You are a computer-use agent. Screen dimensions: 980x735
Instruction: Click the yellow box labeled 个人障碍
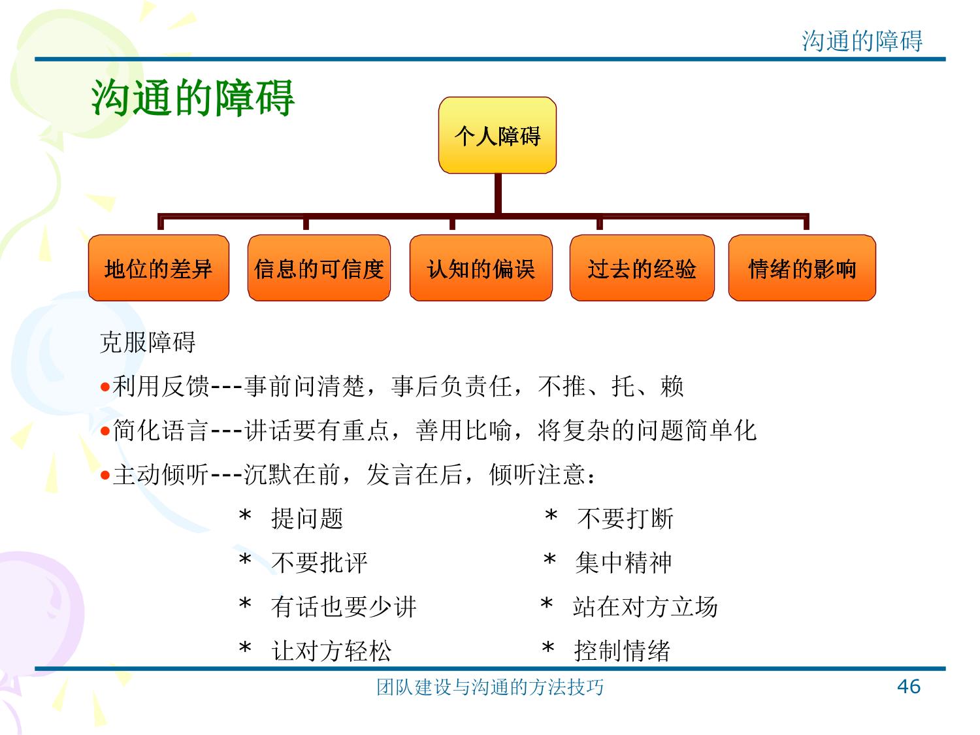pos(497,135)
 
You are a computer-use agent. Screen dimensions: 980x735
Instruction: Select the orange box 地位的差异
pos(159,268)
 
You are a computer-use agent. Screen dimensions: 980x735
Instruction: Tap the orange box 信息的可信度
pos(319,268)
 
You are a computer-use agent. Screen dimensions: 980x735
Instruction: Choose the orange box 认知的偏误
pos(481,268)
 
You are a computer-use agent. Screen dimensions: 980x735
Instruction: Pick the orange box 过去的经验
pos(642,268)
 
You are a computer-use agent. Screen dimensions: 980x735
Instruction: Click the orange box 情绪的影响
pos(802,268)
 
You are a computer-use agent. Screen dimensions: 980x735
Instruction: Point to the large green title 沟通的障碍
pos(193,98)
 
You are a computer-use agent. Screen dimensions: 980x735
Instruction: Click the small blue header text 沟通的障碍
pos(862,41)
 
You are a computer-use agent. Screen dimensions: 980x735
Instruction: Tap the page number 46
pos(909,687)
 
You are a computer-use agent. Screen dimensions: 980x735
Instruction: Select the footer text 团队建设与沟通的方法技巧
pos(490,687)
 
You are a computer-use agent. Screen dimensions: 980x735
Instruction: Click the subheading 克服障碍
pos(148,342)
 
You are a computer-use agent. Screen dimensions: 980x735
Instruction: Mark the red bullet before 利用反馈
pos(105,387)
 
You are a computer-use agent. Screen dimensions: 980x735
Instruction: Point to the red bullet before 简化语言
pos(105,431)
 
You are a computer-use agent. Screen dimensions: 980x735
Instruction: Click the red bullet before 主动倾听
pos(105,475)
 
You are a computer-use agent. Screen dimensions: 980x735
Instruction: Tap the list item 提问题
pos(307,519)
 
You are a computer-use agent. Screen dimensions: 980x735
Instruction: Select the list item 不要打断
pos(625,519)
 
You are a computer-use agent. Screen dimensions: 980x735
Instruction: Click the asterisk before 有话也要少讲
pos(245,603)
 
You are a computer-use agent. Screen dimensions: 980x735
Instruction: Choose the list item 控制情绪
pos(622,651)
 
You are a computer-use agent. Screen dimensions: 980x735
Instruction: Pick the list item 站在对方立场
pos(645,607)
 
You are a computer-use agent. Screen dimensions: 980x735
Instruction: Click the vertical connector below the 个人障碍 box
pos(498,193)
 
